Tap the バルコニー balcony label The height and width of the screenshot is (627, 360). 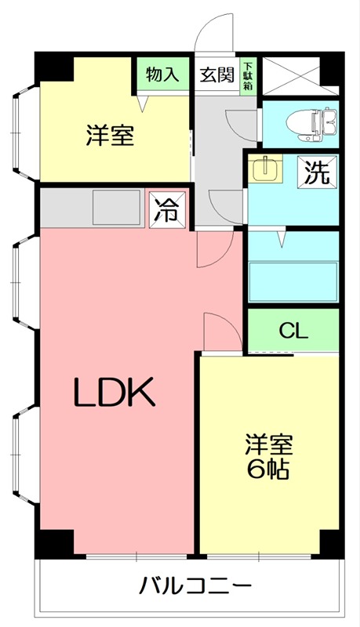(x=196, y=585)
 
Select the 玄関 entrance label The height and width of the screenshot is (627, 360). (x=216, y=75)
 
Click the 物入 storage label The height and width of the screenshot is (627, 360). (x=163, y=75)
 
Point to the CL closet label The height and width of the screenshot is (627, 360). (x=294, y=331)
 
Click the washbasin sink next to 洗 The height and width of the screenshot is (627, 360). (x=267, y=169)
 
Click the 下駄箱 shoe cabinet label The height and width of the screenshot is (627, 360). (x=247, y=75)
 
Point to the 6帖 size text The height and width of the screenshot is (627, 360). (x=268, y=470)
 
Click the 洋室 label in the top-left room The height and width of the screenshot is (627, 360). (x=109, y=136)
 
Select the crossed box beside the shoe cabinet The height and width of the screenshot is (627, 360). (x=300, y=76)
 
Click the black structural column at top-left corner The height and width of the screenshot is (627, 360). (x=54, y=67)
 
